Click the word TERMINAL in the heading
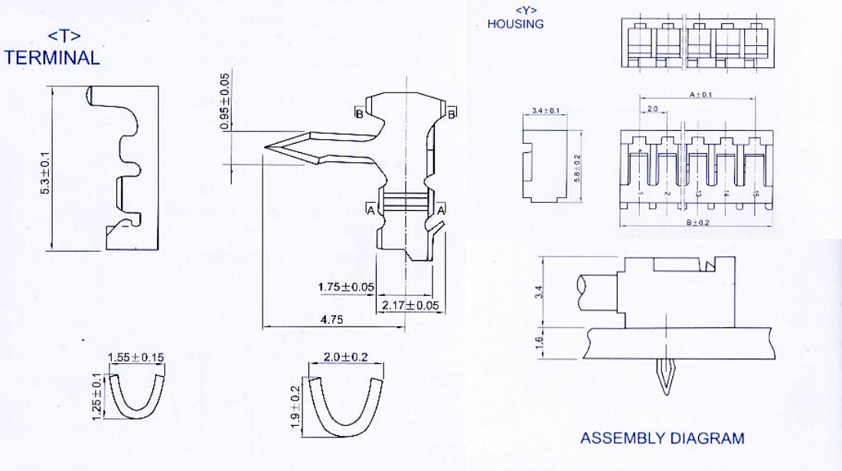pos(52,57)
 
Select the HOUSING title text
pos(515,24)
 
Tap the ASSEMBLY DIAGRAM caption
pos(662,438)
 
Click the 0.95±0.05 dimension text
pos(224,101)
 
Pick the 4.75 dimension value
pos(331,320)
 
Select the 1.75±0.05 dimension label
pos(347,287)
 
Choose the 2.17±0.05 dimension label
pos(410,305)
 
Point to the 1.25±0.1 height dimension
pos(96,395)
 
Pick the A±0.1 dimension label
pos(700,95)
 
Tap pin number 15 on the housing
pos(756,195)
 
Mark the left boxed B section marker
pos(358,114)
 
